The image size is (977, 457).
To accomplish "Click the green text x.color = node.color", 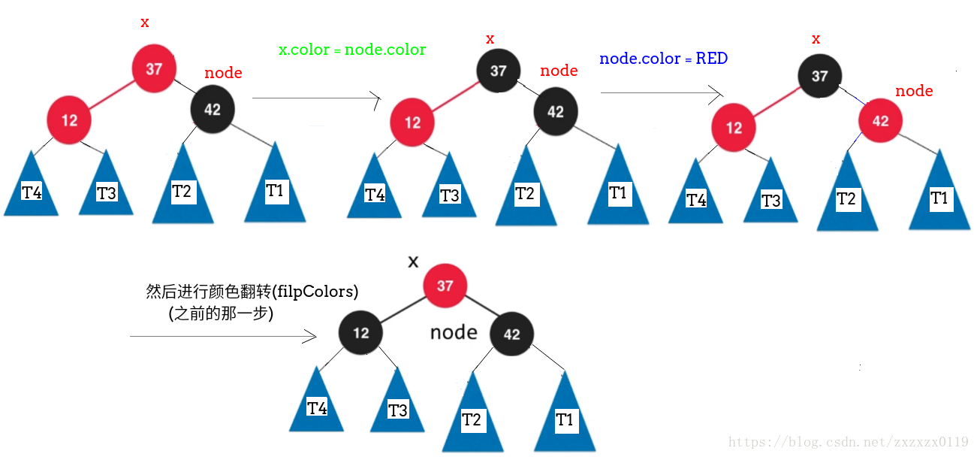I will click(x=352, y=50).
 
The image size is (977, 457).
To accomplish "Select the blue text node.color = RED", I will click(x=663, y=59).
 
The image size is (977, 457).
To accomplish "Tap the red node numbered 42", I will click(x=880, y=121).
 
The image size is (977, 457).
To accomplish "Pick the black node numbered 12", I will click(x=361, y=332).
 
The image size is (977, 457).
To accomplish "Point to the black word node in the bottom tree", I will click(x=454, y=332).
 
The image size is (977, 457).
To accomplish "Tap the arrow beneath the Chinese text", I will click(x=223, y=336).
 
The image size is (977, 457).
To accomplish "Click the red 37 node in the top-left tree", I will click(x=154, y=68).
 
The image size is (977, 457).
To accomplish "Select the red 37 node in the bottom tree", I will click(x=445, y=286).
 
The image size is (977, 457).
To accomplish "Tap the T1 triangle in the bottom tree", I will click(x=565, y=416).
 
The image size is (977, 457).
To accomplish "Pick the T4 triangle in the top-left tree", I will click(x=32, y=189).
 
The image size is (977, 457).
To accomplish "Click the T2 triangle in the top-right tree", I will click(x=846, y=195).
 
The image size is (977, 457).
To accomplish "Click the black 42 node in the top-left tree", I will click(x=213, y=109).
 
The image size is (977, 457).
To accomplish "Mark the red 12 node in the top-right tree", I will click(x=734, y=127).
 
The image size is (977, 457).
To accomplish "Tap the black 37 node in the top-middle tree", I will click(x=498, y=71).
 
